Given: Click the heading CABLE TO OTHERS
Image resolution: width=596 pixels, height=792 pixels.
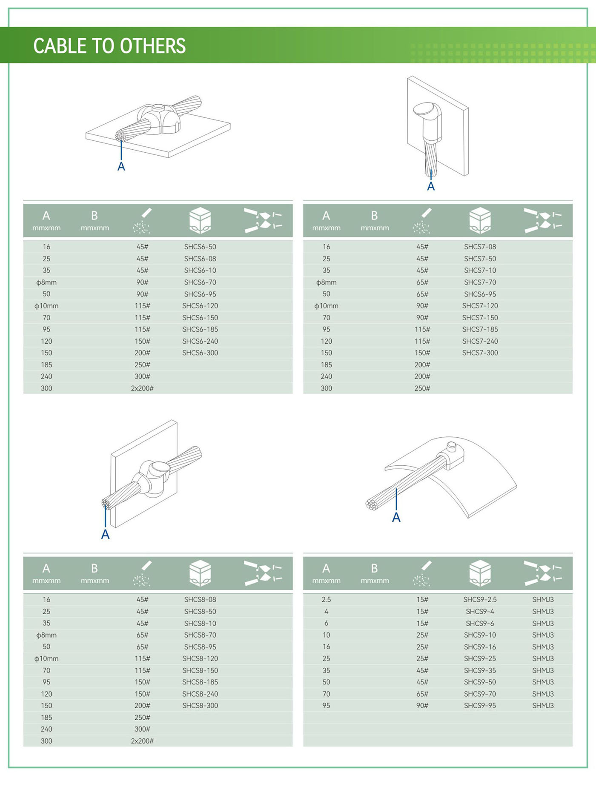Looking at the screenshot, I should (x=109, y=46).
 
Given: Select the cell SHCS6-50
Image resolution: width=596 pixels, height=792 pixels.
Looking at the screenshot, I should (x=200, y=247).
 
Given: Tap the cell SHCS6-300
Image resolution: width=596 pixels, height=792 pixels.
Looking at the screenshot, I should (x=200, y=353).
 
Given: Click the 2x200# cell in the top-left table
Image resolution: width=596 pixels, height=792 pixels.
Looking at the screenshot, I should (x=142, y=388).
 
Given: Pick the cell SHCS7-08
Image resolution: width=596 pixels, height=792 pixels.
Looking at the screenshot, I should (x=480, y=247).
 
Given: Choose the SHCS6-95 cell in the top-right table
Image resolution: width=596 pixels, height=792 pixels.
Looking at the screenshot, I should (x=480, y=294).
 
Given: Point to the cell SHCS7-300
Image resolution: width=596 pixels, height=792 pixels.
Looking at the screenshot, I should (x=480, y=353).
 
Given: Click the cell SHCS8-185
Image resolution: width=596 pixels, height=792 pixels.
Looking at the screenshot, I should (x=200, y=682).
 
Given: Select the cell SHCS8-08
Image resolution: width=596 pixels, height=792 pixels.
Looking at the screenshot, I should (x=200, y=599).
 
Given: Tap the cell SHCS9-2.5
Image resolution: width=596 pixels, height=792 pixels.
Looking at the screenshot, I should (x=480, y=599).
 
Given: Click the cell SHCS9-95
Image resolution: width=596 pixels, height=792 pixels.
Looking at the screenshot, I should (x=480, y=705).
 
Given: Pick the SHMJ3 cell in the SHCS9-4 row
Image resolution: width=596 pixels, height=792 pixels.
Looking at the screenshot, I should (x=543, y=611).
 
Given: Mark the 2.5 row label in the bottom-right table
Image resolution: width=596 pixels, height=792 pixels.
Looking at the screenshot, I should (x=326, y=599).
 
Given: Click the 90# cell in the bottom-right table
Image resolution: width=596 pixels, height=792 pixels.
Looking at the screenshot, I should (x=422, y=705).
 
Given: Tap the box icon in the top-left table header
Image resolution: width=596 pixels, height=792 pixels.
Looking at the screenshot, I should (x=200, y=220).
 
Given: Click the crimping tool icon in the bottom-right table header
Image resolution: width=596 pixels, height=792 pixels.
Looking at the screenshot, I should (x=543, y=573).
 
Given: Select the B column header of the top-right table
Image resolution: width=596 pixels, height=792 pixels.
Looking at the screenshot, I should (x=375, y=220).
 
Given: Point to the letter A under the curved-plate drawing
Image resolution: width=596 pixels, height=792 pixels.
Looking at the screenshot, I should (x=396, y=518).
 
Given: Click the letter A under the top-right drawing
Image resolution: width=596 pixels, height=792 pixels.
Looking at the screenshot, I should (x=431, y=186).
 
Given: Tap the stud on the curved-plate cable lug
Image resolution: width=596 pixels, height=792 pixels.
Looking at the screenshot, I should (x=452, y=447).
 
